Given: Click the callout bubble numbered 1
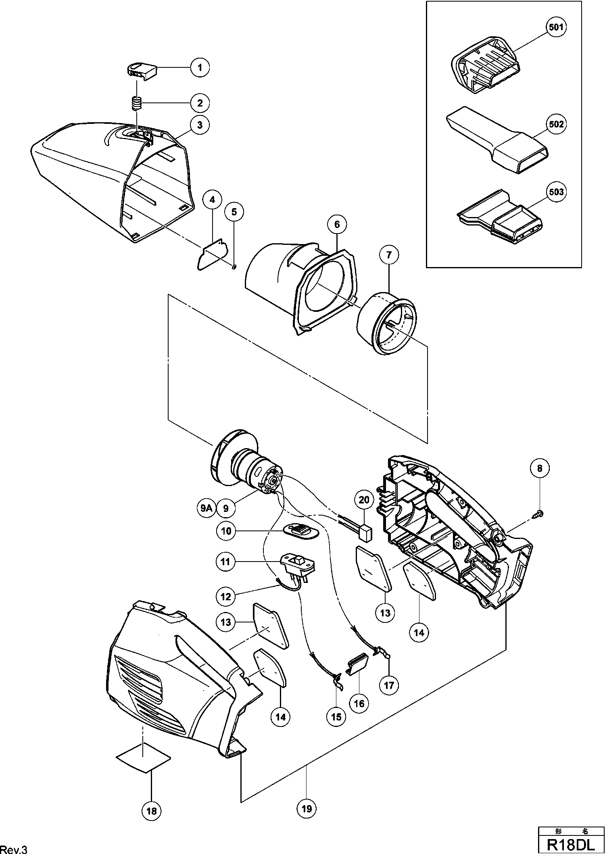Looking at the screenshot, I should pos(200,67).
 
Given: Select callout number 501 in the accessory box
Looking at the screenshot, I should pos(556,27).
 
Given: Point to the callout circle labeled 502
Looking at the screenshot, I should pos(556,124).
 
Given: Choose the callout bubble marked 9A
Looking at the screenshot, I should pos(206,508).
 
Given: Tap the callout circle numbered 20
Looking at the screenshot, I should pos(364,500).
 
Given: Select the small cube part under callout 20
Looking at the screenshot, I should pos(365,533).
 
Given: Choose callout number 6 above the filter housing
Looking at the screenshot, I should pos(337,225).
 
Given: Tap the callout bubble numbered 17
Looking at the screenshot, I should pos(389,685).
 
